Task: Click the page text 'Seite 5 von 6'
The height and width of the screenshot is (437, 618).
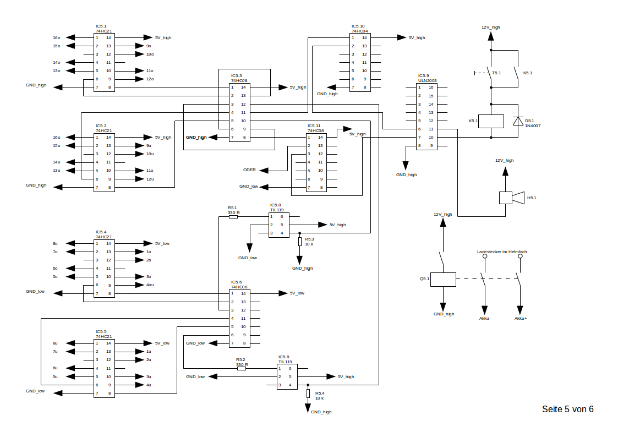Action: click(567, 409)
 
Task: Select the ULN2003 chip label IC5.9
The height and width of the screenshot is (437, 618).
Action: click(423, 75)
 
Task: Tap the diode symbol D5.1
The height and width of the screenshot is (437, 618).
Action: click(517, 121)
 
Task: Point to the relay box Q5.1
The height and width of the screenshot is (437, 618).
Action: click(442, 279)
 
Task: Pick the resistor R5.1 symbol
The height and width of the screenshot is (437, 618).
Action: click(233, 217)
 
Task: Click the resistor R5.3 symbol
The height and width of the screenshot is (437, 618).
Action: click(300, 242)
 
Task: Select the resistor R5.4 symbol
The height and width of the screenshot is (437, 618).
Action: click(308, 393)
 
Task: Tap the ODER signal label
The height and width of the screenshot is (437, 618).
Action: click(249, 170)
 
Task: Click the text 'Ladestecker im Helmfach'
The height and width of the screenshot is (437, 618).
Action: click(501, 252)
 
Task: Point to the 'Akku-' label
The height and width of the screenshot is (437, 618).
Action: click(485, 318)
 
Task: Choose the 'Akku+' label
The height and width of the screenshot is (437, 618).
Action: click(521, 318)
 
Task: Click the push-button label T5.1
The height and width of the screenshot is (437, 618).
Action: click(496, 73)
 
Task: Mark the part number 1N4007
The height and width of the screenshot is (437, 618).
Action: click(532, 126)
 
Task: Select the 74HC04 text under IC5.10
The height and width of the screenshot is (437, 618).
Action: click(360, 31)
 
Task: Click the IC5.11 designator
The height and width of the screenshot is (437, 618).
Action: click(314, 126)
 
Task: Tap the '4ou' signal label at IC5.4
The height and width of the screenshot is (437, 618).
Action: click(150, 285)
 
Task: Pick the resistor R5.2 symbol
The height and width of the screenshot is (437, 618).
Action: click(242, 368)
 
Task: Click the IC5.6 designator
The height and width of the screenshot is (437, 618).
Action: click(236, 282)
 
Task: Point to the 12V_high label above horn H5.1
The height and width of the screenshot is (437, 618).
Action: click(504, 160)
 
